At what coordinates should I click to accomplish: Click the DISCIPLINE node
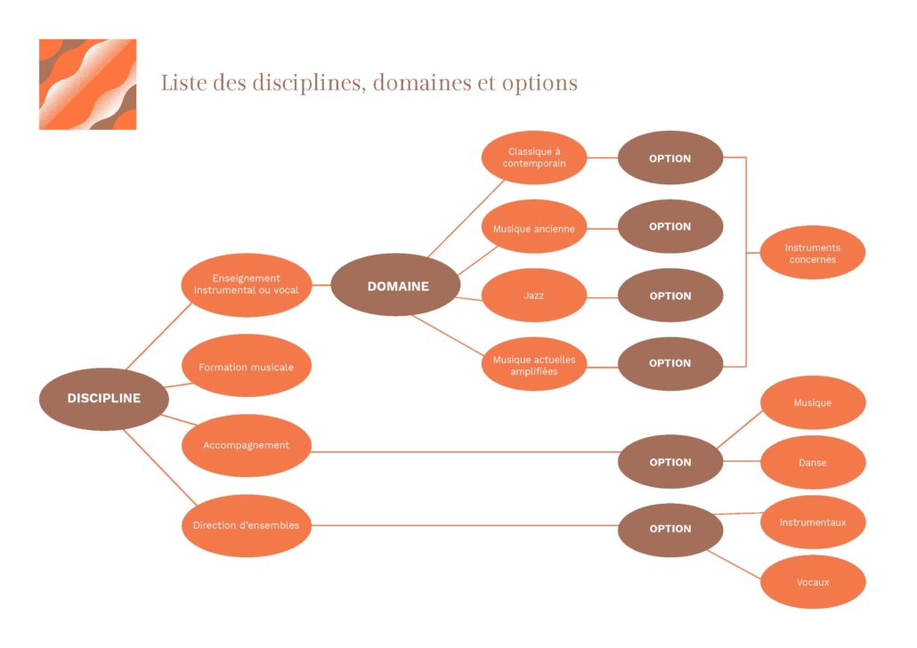pyautogui.click(x=104, y=399)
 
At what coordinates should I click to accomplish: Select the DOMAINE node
pyautogui.click(x=396, y=285)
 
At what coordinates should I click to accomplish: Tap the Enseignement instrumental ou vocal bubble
pyautogui.click(x=247, y=285)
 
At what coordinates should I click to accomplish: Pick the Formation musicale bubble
pyautogui.click(x=247, y=366)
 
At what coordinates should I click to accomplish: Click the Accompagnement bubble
pyautogui.click(x=247, y=446)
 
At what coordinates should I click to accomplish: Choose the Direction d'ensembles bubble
pyautogui.click(x=247, y=526)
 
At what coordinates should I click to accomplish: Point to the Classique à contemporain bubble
pyautogui.click(x=534, y=158)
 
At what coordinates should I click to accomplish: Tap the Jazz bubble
pyautogui.click(x=534, y=296)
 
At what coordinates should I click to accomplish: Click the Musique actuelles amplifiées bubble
pyautogui.click(x=534, y=364)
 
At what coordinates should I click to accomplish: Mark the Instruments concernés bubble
pyautogui.click(x=813, y=252)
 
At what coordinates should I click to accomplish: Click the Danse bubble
pyautogui.click(x=813, y=462)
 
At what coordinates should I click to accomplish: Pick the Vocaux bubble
pyautogui.click(x=813, y=582)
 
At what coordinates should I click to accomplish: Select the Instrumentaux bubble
pyautogui.click(x=813, y=522)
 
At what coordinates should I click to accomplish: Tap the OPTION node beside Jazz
pyautogui.click(x=670, y=296)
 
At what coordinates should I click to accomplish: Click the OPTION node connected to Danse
pyautogui.click(x=670, y=461)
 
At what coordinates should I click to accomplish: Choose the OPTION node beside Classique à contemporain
pyautogui.click(x=670, y=158)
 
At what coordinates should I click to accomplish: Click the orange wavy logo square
pyautogui.click(x=88, y=85)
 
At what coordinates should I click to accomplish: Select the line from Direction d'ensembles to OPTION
pyautogui.click(x=465, y=525)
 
